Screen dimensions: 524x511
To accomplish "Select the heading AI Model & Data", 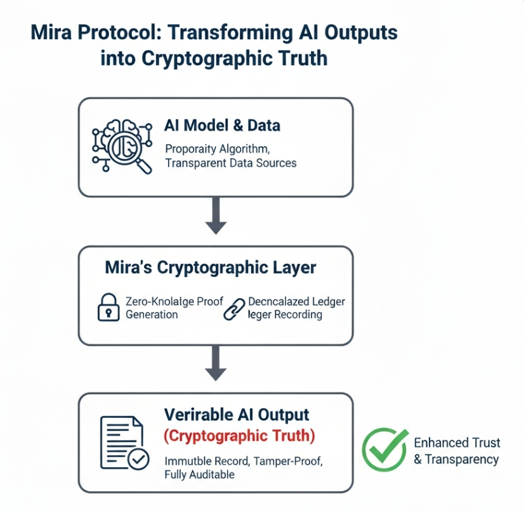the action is click(x=221, y=125).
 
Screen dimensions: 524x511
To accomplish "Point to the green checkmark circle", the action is click(x=384, y=450).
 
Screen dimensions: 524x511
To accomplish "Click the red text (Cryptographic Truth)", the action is click(x=239, y=437).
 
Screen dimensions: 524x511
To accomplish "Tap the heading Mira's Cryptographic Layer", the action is click(x=210, y=267).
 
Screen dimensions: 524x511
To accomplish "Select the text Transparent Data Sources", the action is click(x=231, y=163).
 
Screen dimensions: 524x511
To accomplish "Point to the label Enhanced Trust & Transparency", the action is click(x=457, y=451).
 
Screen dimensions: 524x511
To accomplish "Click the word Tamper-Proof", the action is click(x=289, y=461).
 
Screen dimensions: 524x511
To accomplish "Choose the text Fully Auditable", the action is click(x=199, y=474).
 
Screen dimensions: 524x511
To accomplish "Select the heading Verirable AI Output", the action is click(x=237, y=415).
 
